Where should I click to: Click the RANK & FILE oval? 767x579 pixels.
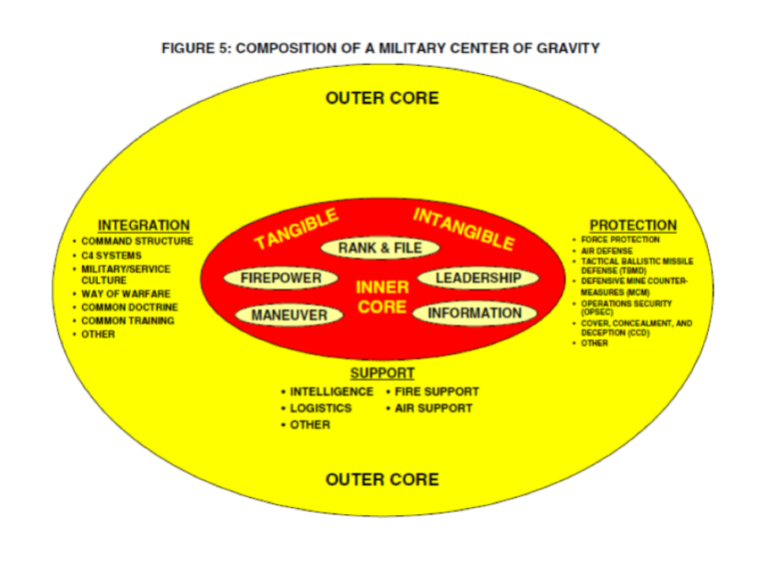pyautogui.click(x=381, y=248)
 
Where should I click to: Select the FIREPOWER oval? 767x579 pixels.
pyautogui.click(x=281, y=279)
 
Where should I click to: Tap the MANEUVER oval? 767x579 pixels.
pyautogui.click(x=289, y=314)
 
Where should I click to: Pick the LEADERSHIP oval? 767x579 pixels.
pyautogui.click(x=478, y=278)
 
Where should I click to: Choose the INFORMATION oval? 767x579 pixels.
pyautogui.click(x=475, y=313)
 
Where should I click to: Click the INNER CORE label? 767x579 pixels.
pyautogui.click(x=383, y=296)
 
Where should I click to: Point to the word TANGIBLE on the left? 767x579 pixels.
pyautogui.click(x=297, y=229)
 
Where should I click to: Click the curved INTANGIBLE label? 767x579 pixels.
pyautogui.click(x=463, y=229)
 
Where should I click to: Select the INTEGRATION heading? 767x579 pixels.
pyautogui.click(x=144, y=226)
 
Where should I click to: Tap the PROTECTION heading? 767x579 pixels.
pyautogui.click(x=633, y=226)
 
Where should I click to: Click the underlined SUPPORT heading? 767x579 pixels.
pyautogui.click(x=383, y=373)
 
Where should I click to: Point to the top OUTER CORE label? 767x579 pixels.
pyautogui.click(x=383, y=98)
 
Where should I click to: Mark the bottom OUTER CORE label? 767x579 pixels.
pyautogui.click(x=383, y=480)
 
